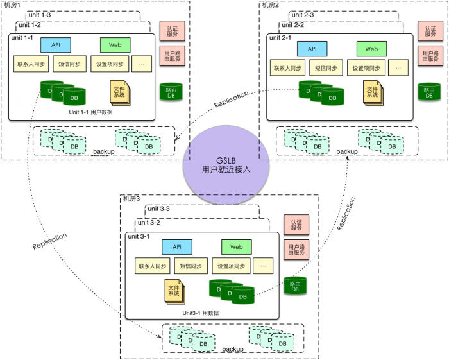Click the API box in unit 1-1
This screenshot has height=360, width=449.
[x=56, y=45]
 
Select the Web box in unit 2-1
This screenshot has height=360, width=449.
[x=371, y=49]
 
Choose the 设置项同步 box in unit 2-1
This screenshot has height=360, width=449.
[x=366, y=67]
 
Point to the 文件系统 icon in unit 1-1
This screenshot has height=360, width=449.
[x=119, y=92]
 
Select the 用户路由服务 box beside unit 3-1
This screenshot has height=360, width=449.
[x=296, y=250]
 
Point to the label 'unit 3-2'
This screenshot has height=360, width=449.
[x=148, y=222]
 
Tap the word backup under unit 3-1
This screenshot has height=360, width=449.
[x=233, y=349]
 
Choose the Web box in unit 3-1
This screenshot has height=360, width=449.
[x=237, y=247]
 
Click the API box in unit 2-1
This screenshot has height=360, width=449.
[x=312, y=49]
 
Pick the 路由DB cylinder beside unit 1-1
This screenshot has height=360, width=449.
[x=171, y=91]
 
